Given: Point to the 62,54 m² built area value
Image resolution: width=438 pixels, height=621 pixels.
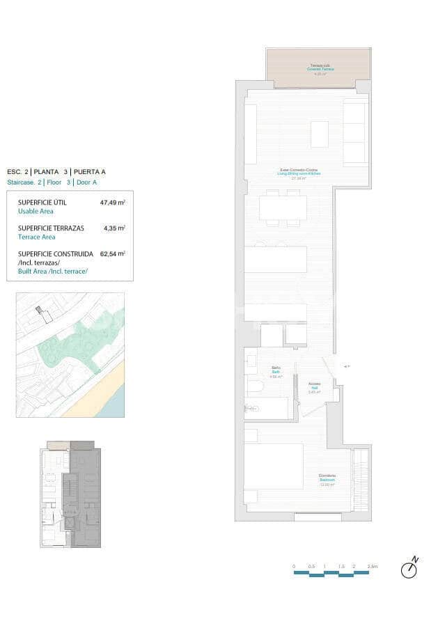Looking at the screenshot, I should point(113,254).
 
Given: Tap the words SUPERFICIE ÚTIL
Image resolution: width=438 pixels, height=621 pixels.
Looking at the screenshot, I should point(42,203).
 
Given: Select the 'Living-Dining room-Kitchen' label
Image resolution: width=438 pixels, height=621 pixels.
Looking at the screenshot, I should point(299,173).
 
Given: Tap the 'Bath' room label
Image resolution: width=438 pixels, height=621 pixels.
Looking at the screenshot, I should point(276,372).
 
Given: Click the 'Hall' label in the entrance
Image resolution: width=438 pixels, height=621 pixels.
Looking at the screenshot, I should point(314,388).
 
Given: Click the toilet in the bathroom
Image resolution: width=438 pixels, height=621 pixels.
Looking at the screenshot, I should point(254,388).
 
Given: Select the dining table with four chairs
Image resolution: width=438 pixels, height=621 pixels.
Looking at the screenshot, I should point(283,207).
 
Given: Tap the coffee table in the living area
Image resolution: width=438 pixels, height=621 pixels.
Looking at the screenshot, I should point(320,134).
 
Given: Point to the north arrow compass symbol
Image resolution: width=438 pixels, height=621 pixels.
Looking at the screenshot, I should point(409,569).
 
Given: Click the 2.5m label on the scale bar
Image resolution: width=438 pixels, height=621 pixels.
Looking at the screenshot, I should point(372,567).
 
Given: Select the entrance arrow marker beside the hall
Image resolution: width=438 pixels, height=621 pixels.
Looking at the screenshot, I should point(347,365).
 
